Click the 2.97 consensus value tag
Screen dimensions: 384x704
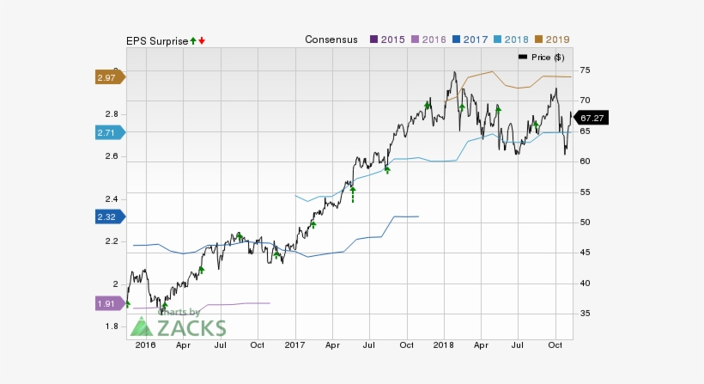[x=107, y=77]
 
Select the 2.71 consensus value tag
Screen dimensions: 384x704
[x=107, y=132]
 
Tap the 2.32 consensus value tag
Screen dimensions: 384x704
[x=107, y=217]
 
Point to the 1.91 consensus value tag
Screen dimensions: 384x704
[x=107, y=303]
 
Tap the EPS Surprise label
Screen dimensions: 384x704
[x=156, y=40]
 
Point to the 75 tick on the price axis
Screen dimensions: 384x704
[x=587, y=70]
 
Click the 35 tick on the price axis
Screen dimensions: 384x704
[x=587, y=314]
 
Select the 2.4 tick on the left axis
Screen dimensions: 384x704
[x=112, y=199]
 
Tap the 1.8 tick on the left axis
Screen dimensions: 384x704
[x=112, y=326]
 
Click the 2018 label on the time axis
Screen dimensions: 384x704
[x=443, y=344]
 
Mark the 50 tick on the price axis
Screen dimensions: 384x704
[x=587, y=222]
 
